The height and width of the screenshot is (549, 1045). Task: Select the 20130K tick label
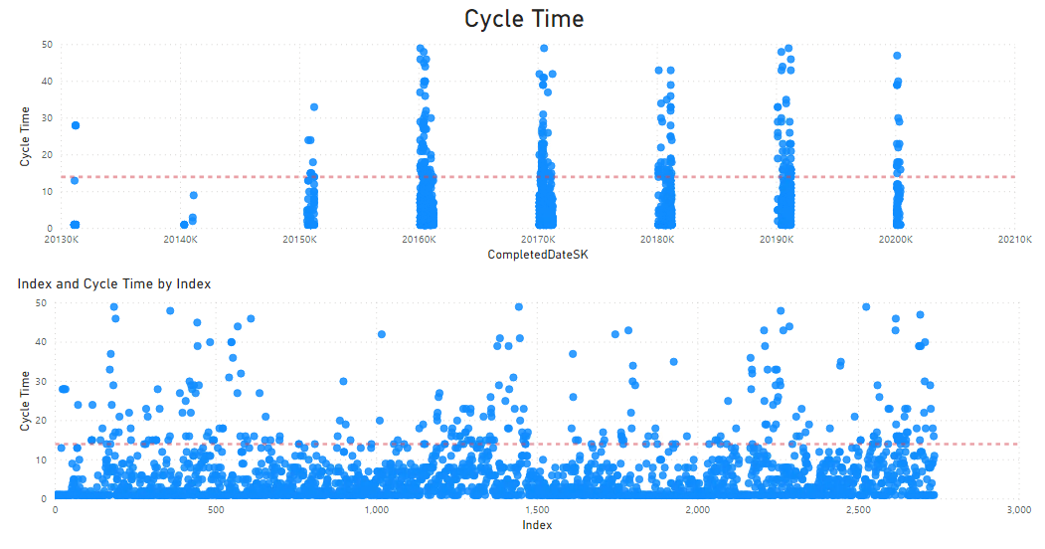point(62,240)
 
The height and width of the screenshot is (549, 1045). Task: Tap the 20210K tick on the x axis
point(1014,240)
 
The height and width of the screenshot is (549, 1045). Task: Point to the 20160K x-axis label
point(420,240)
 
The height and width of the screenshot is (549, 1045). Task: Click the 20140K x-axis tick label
point(181,240)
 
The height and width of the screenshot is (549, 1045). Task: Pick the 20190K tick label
point(777,240)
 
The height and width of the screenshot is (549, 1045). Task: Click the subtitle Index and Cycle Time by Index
point(113,284)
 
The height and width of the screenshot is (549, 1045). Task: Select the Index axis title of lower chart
point(537,526)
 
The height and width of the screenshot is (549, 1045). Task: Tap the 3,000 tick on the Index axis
point(1017,510)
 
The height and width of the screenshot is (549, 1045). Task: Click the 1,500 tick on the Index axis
point(537,510)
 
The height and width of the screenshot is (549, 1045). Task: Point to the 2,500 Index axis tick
point(858,510)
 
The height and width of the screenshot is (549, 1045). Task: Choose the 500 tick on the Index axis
point(216,510)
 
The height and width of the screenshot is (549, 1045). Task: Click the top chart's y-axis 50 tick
point(47,45)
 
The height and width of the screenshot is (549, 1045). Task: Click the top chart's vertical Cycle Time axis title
point(26,136)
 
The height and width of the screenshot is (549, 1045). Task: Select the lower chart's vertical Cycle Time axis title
point(26,401)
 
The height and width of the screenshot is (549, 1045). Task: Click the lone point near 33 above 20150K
point(314,106)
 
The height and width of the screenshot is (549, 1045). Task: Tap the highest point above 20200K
point(897,56)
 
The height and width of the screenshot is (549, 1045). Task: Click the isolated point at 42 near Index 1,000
point(382,334)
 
